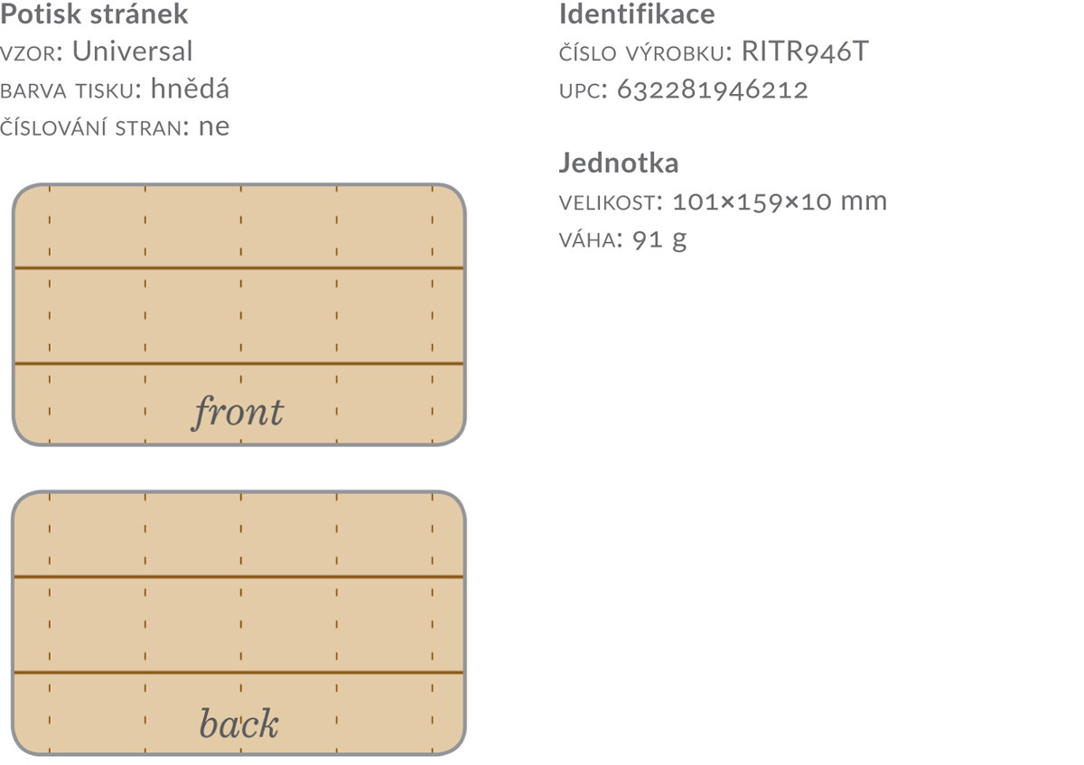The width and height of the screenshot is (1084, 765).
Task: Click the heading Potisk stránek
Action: pyautogui.click(x=94, y=14)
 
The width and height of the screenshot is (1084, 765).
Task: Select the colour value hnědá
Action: pyautogui.click(x=190, y=89)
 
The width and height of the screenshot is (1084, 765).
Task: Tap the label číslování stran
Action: pyautogui.click(x=89, y=126)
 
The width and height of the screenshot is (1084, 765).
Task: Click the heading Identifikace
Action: pyautogui.click(x=636, y=14)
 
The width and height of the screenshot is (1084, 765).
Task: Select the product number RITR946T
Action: pyautogui.click(x=804, y=51)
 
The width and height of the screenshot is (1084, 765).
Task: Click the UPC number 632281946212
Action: pyautogui.click(x=713, y=89)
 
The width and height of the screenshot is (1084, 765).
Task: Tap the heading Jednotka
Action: pyautogui.click(x=619, y=163)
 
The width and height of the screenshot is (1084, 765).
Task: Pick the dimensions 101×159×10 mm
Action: pyautogui.click(x=780, y=201)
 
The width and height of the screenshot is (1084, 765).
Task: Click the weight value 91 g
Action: pyautogui.click(x=659, y=239)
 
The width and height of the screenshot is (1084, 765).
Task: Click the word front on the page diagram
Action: pyautogui.click(x=238, y=413)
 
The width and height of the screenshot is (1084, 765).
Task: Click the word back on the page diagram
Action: pyautogui.click(x=238, y=723)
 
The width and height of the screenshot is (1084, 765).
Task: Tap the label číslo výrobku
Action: pyautogui.click(x=641, y=52)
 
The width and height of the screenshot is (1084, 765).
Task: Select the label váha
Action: pyautogui.click(x=588, y=239)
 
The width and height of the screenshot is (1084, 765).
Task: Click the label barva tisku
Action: pyautogui.click(x=68, y=89)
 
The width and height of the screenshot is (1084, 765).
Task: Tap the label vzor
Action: pyautogui.click(x=29, y=52)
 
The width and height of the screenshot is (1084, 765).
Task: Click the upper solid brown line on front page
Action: pyautogui.click(x=238, y=268)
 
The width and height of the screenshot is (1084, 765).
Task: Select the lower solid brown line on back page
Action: pyautogui.click(x=238, y=673)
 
